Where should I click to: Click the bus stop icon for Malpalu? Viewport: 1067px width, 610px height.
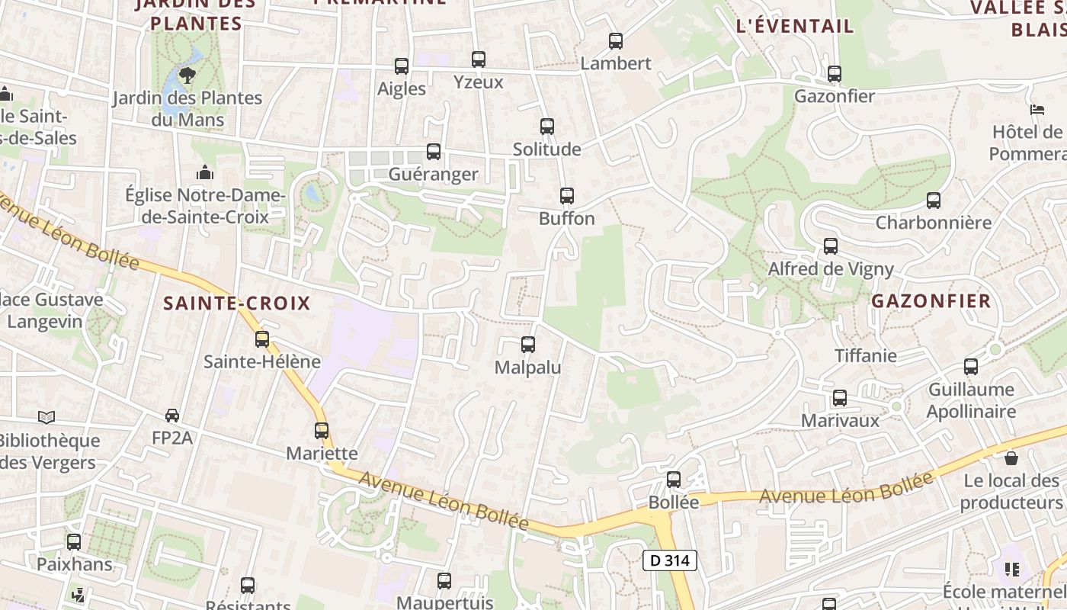tap(527, 345)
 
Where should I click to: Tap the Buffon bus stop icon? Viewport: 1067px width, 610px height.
tap(566, 196)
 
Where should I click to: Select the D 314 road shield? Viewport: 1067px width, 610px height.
tap(670, 560)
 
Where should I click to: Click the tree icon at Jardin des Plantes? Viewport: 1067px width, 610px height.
tap(187, 75)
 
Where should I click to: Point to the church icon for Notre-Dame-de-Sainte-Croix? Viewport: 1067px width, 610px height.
tap(204, 173)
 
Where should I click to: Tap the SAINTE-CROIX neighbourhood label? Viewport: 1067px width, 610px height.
tap(237, 303)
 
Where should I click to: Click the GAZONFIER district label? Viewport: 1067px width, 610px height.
tap(931, 300)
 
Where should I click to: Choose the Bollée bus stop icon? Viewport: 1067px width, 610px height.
tap(673, 480)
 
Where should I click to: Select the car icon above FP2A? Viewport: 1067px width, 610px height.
tap(172, 416)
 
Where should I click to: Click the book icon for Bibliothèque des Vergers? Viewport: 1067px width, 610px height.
tap(46, 417)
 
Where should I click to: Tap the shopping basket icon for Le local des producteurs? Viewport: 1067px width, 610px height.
tap(1011, 457)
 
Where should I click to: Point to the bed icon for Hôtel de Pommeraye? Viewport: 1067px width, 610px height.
tap(1037, 110)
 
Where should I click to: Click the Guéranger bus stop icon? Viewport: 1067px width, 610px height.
tap(433, 152)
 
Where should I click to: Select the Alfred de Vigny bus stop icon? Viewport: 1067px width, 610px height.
tap(830, 246)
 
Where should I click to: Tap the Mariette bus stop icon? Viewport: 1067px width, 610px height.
tap(322, 431)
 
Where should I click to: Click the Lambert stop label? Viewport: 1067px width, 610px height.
tap(616, 63)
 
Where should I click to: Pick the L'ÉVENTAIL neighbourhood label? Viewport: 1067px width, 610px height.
tap(795, 26)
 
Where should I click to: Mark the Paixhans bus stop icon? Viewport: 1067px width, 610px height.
tap(74, 542)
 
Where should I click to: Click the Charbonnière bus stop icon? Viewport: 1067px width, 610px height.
tap(933, 201)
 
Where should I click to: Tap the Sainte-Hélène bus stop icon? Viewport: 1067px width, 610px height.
tap(262, 339)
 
